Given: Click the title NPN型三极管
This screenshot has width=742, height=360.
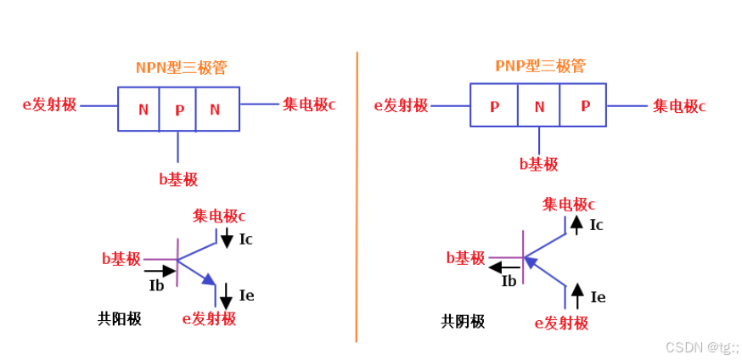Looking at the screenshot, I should tap(182, 67).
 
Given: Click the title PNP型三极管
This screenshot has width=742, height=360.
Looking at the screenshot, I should tap(541, 66).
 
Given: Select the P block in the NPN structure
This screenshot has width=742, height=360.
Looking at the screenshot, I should tap(178, 109).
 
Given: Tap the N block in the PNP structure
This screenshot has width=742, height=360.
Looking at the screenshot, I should tap(539, 106).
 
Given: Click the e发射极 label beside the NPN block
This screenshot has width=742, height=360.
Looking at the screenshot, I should tap(49, 105).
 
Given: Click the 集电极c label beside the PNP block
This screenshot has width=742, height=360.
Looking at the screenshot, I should tap(679, 106).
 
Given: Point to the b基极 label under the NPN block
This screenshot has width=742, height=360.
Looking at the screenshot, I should tap(178, 179).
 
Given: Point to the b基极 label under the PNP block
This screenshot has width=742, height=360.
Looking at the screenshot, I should tap(538, 164).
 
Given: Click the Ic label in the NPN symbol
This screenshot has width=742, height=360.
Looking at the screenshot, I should tap(246, 239).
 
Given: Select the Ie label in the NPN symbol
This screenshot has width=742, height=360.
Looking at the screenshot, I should tap(247, 295).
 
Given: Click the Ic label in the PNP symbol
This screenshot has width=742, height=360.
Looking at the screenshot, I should tap(597, 225).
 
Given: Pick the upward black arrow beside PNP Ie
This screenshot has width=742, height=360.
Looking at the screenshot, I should tap(577, 295).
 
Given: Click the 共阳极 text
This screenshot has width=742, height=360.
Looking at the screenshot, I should tap(120, 319).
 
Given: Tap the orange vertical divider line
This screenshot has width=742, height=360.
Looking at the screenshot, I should tap(357, 195).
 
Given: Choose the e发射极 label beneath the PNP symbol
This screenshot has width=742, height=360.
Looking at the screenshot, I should tap(561, 323).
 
